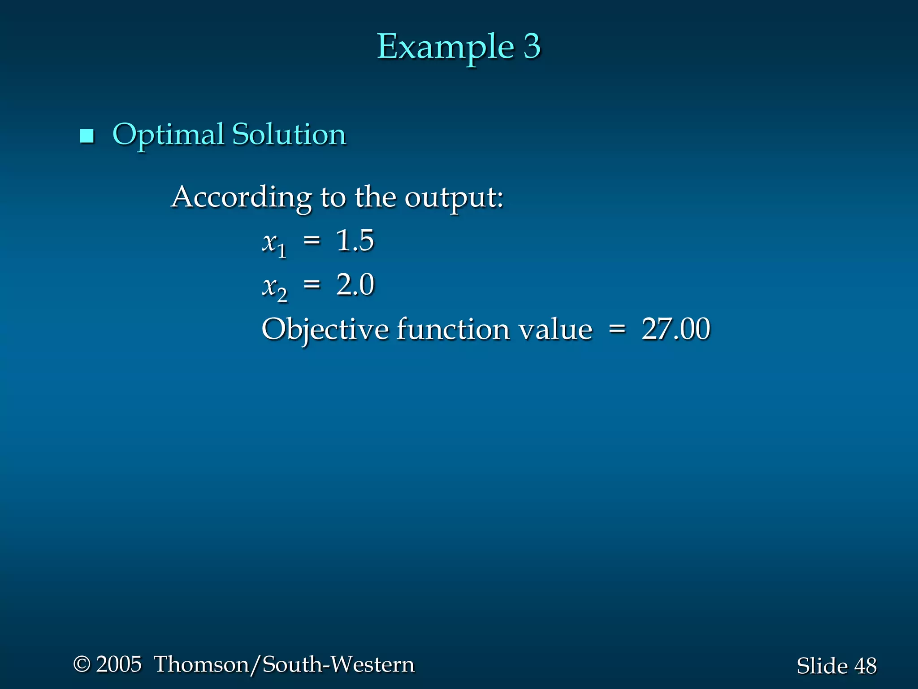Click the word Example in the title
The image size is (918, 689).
[445, 47]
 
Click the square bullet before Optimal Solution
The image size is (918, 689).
[87, 135]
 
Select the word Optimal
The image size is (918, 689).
[168, 135]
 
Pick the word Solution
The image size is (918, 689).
[289, 135]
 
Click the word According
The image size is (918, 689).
[242, 197]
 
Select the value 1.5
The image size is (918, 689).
[355, 240]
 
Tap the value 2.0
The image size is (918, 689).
[355, 285]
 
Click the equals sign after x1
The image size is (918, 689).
[312, 241]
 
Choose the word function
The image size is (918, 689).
[453, 329]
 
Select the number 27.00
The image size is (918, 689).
[676, 329]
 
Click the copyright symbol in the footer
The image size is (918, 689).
[82, 664]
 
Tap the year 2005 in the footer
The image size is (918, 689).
[119, 664]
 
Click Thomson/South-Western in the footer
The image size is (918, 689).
[284, 664]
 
